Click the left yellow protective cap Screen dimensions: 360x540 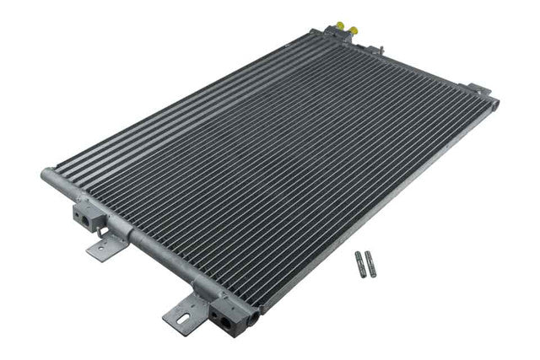340,26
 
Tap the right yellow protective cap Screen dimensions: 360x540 353,30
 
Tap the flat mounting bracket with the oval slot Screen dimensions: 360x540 183,316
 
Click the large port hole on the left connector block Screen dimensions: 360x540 87,219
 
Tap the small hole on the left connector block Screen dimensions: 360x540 78,215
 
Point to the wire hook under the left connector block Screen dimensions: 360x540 100,230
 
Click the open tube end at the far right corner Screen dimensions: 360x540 495,105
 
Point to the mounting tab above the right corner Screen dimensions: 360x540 478,88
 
